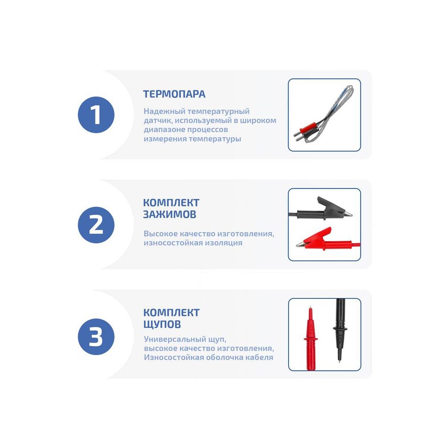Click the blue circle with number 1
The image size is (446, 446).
[x=96, y=115]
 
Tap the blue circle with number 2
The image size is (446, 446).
[x=96, y=225]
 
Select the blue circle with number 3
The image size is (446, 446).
[x=96, y=336]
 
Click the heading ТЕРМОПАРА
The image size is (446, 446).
[x=174, y=94]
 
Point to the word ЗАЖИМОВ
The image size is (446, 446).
[x=169, y=214]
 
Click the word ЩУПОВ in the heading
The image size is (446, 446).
[x=162, y=324]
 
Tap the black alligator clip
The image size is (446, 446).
[x=322, y=210]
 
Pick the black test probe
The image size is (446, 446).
[x=340, y=330]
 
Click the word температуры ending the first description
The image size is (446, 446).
[x=215, y=139]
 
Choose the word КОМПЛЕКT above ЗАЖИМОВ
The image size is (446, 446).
[x=171, y=202]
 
